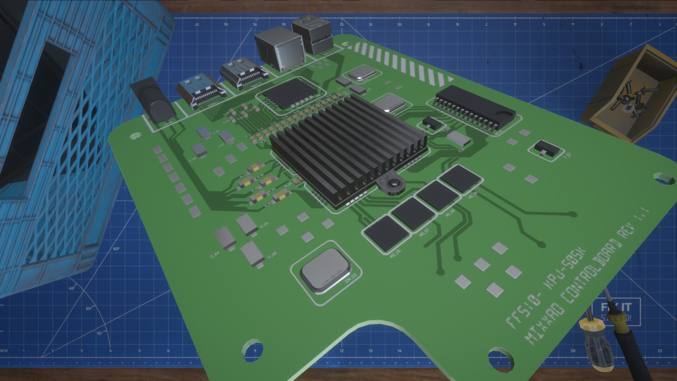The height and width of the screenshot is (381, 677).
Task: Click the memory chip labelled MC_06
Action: pyautogui.click(x=386, y=233)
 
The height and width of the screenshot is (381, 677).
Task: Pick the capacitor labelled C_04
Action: pyautogui.click(x=225, y=237)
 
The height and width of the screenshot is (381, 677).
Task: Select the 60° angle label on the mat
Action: pyautogui.click(x=116, y=249)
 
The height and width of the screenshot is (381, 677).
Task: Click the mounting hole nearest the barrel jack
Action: pyautogui.click(x=135, y=136)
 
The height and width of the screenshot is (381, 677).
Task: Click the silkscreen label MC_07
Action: pyautogui.click(x=425, y=232)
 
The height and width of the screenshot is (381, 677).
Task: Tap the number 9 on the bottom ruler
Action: pyautogui.click(x=255, y=351)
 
